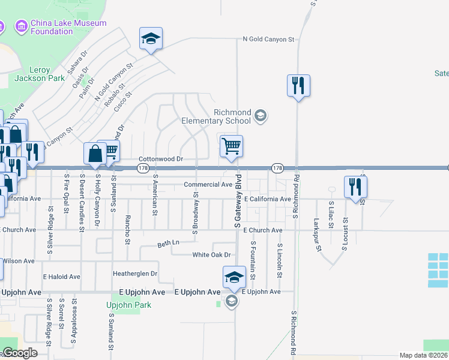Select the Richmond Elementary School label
click(x=216, y=116)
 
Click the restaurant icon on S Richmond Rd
click(x=298, y=85)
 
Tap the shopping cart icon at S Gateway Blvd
click(x=231, y=146)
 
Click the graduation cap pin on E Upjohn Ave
click(x=234, y=277)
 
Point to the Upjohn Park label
click(x=128, y=305)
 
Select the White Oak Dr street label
click(x=211, y=255)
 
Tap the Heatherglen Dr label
click(x=135, y=274)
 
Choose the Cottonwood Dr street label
click(x=160, y=159)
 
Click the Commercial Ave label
click(x=208, y=185)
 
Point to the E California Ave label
click(x=267, y=199)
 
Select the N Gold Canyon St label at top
click(x=269, y=40)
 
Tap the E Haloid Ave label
click(x=61, y=277)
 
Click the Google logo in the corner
click(x=19, y=353)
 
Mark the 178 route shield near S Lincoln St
click(x=277, y=169)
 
